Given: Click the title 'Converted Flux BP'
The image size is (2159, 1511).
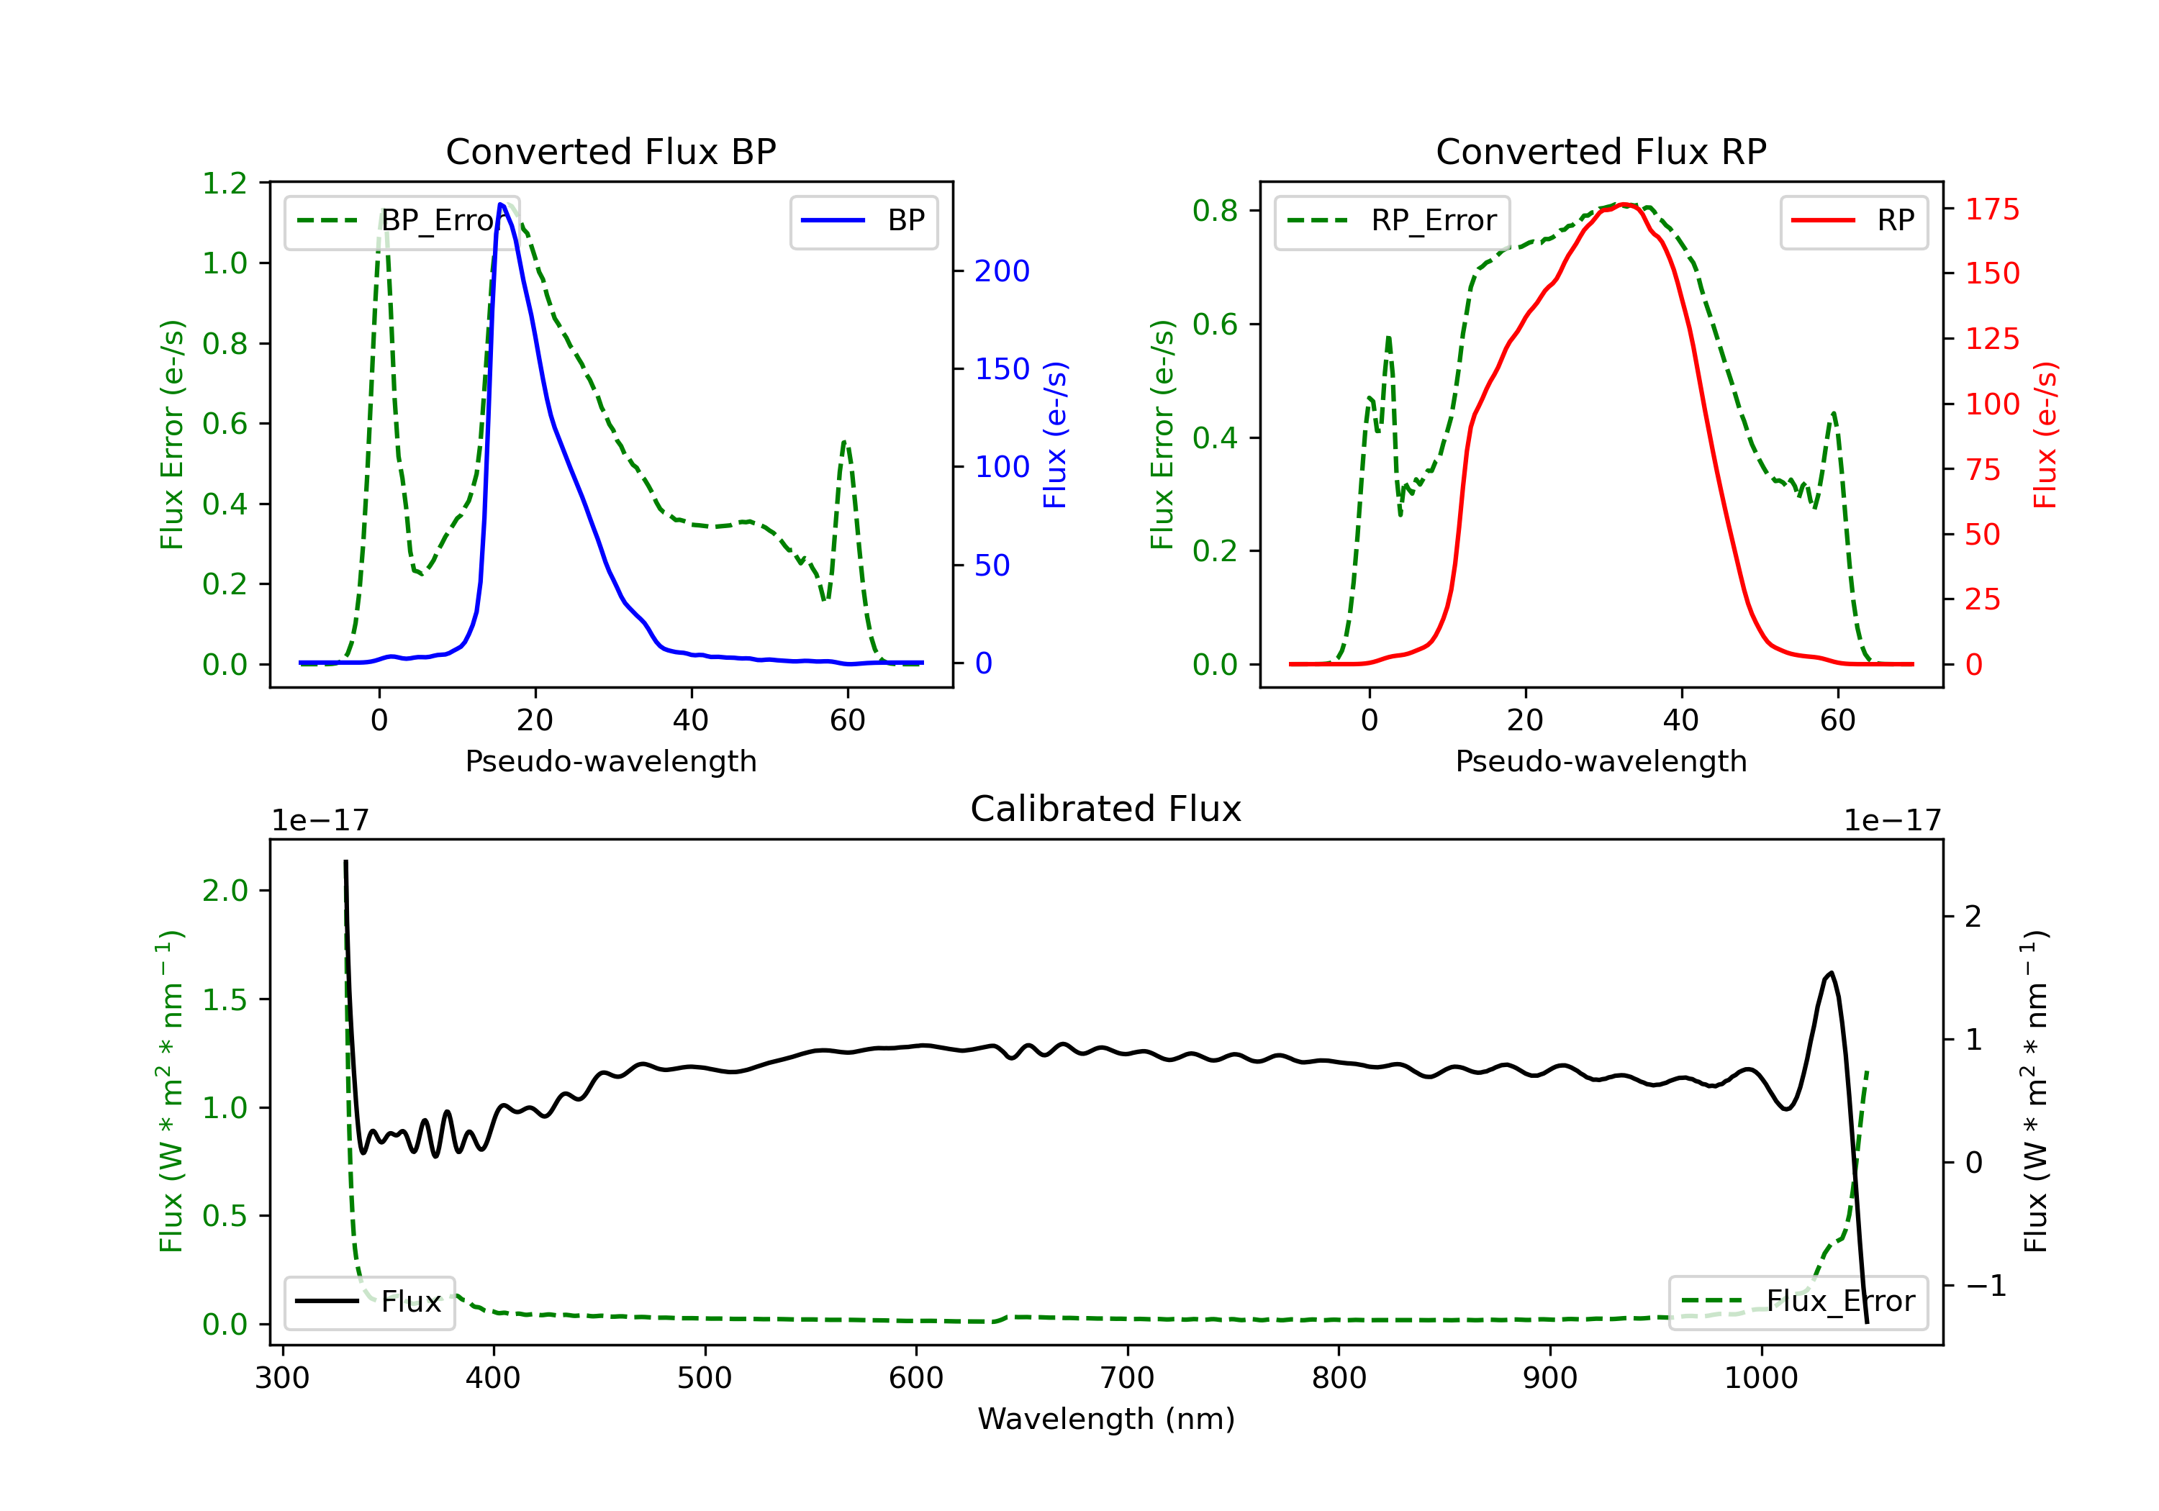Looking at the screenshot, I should click(610, 151).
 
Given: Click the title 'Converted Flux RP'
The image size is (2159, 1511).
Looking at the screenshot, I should click(1601, 151).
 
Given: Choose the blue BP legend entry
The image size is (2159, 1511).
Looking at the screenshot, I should click(863, 222).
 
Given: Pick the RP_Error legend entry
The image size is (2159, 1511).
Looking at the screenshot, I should click(1392, 222).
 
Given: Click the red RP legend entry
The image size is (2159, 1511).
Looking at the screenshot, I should click(1853, 222).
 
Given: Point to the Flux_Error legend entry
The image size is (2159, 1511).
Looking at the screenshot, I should click(1798, 1302).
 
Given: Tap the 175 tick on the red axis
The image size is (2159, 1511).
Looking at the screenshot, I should click(1991, 209).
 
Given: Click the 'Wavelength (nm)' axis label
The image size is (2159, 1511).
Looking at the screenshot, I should click(1106, 1419).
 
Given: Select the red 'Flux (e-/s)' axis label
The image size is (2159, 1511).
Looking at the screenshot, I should click(2045, 435).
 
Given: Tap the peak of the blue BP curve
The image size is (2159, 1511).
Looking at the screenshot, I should click(501, 204).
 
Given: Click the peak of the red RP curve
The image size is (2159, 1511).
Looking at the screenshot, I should click(1625, 204).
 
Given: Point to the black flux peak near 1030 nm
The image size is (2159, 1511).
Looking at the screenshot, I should click(1830, 974).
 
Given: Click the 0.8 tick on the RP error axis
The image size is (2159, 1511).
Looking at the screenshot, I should click(1215, 211).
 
